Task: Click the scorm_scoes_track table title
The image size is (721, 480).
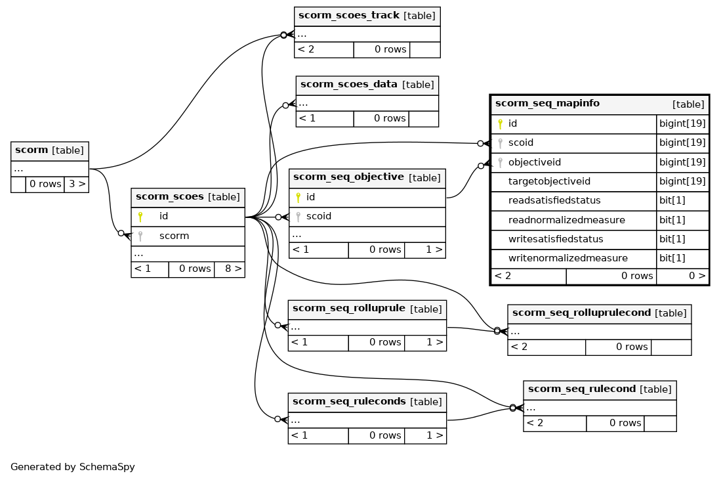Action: [x=349, y=15]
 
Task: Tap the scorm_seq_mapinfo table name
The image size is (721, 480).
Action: [x=547, y=103]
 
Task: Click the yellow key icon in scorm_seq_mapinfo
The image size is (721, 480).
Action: [x=501, y=123]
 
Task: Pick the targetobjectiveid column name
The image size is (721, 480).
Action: [x=549, y=181]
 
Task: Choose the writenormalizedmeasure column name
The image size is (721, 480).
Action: [x=568, y=258]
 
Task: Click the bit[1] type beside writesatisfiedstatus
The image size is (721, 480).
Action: [x=672, y=239]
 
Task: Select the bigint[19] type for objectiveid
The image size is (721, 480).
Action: [x=682, y=162]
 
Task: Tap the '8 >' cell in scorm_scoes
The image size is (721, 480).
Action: [x=234, y=269]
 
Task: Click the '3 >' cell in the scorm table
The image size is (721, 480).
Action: [x=77, y=184]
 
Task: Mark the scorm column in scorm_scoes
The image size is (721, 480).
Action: [x=174, y=236]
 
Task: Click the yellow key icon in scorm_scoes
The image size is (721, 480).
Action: [x=140, y=217]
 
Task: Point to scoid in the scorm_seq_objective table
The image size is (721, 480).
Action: [x=319, y=216]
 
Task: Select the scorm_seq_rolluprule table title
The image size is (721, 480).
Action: [x=348, y=309]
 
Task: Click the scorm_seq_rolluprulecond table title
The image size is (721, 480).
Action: [x=581, y=313]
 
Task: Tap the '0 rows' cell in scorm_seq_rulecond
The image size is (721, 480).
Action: [x=625, y=423]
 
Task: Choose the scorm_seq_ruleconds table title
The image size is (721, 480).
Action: [x=349, y=401]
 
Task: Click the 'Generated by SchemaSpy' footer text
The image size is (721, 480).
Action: [x=73, y=467]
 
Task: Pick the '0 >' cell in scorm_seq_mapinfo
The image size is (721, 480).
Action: [x=697, y=276]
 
